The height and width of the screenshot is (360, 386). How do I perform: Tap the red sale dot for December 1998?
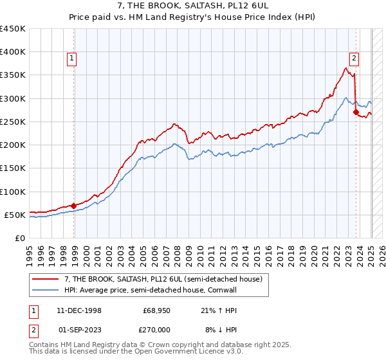(73, 206)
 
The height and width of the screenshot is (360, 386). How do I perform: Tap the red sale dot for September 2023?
(356, 113)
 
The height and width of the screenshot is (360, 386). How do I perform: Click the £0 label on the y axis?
(20, 238)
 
